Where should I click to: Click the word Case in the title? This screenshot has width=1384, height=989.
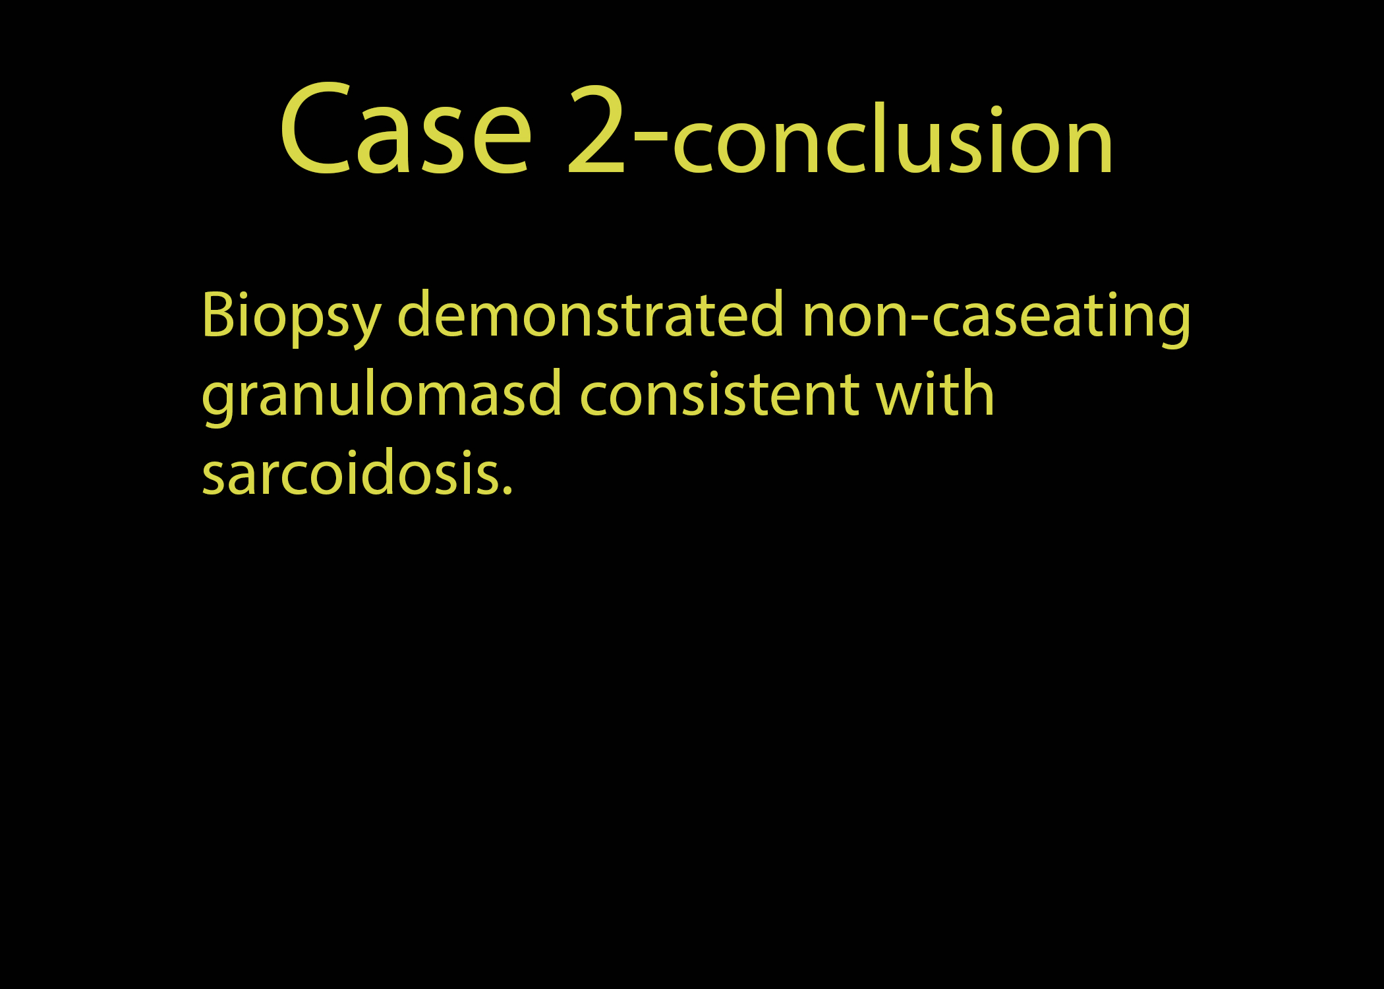click(405, 129)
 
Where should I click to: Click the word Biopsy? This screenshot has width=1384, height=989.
click(291, 317)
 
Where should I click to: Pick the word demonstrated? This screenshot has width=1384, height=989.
click(591, 314)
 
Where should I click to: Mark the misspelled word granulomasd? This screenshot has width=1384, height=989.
click(382, 395)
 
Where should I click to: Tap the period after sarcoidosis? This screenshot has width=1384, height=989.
click(506, 491)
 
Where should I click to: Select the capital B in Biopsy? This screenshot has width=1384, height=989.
click(219, 315)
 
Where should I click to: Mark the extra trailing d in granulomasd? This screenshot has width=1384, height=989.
click(543, 394)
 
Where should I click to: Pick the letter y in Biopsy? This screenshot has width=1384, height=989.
click(363, 326)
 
